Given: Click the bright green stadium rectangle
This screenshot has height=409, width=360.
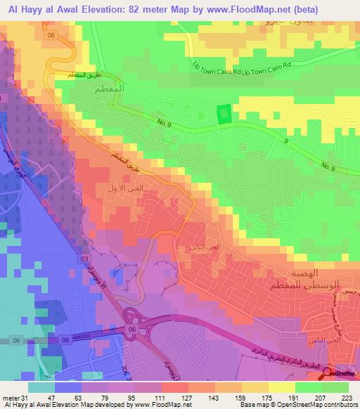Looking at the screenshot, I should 224,114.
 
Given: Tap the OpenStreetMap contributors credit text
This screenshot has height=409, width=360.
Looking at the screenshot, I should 318,405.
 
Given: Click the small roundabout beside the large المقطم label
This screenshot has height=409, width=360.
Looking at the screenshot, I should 111,105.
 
